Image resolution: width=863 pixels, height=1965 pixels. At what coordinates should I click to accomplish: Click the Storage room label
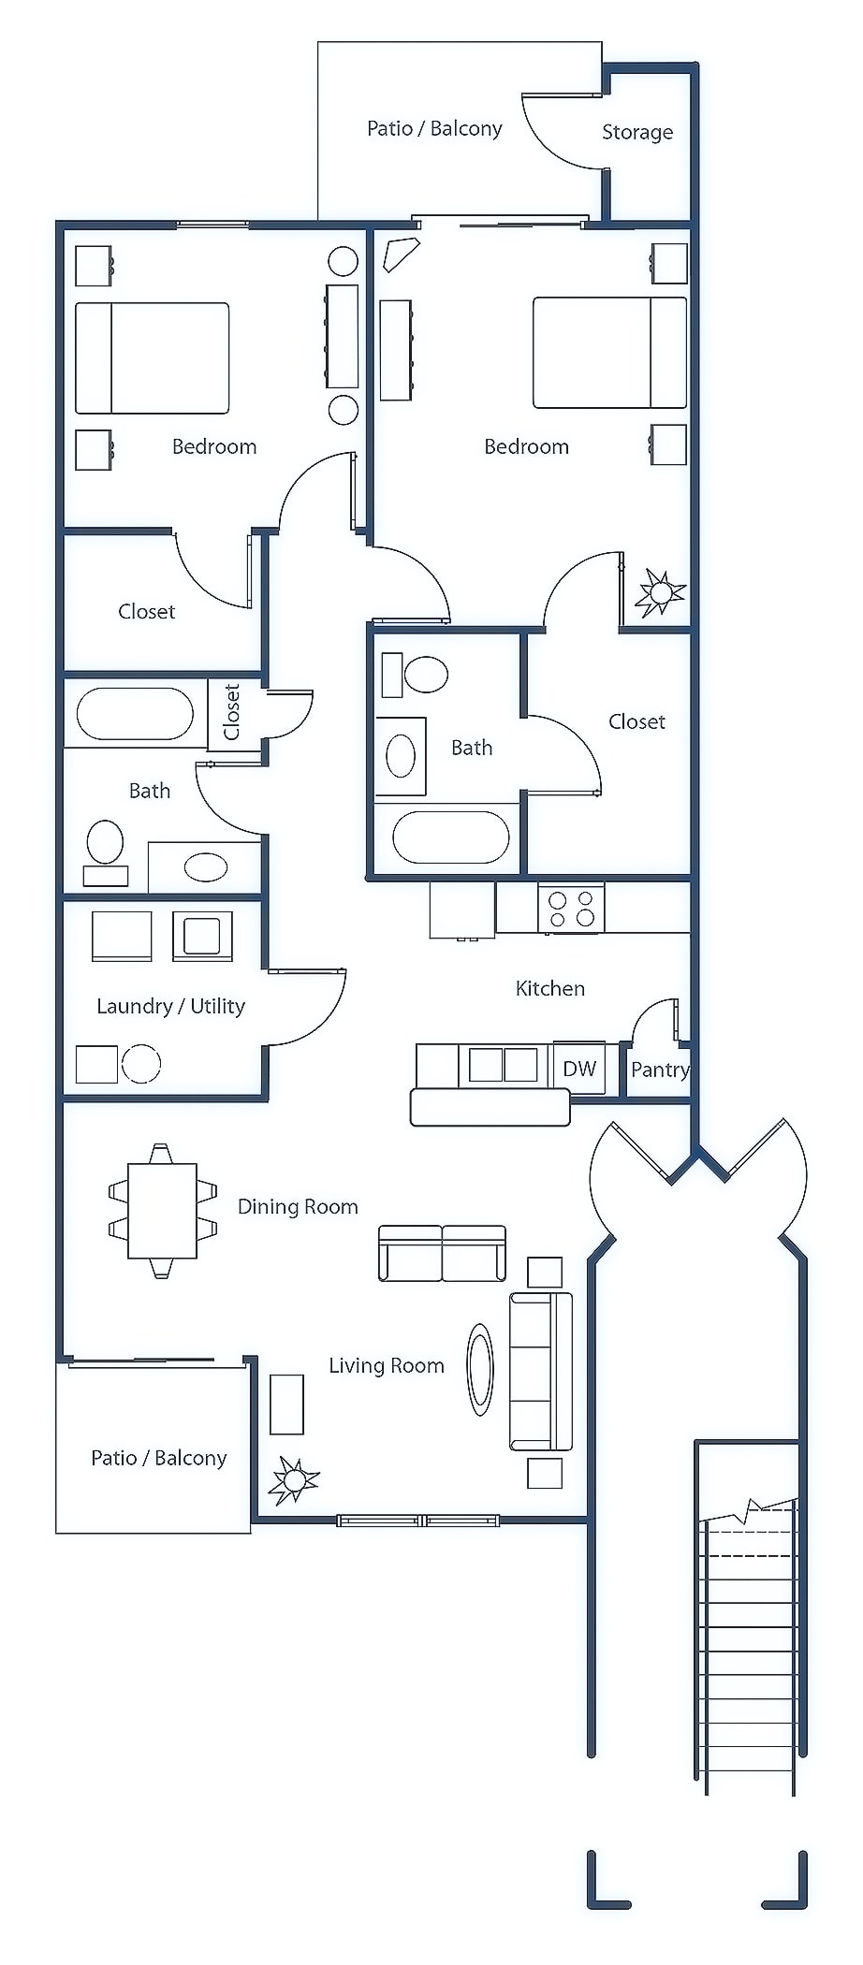coord(636,132)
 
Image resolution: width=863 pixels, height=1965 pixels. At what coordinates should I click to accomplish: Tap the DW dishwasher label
coord(579,1068)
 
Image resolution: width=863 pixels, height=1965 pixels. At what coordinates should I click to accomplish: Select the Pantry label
coord(660,1070)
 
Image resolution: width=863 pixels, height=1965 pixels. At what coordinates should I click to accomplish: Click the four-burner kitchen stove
coord(572,909)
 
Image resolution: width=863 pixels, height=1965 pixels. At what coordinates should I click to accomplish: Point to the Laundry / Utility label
coord(170,1006)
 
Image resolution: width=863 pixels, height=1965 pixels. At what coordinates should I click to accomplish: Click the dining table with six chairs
coord(162,1210)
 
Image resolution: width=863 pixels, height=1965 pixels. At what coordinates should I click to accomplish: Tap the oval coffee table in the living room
coord(480,1369)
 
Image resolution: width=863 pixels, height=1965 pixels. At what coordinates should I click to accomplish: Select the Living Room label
coord(386,1365)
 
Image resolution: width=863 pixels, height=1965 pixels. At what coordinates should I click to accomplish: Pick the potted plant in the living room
coord(294,1479)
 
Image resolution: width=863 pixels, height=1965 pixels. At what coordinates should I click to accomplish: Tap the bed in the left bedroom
coord(152,357)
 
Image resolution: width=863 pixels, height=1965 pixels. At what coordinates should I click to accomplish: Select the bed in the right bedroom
coord(609,353)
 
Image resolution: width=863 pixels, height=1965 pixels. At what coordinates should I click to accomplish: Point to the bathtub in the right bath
coord(450,837)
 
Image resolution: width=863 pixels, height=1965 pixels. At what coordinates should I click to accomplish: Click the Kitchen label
coord(550,988)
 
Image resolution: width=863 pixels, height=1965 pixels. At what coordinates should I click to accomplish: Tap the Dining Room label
coord(298,1206)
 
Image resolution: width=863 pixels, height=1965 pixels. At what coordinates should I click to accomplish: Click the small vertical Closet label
coord(232,711)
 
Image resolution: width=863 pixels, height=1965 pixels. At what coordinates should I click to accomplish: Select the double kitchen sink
coord(503,1065)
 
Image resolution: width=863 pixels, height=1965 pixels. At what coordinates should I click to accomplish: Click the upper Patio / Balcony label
coord(434,128)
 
